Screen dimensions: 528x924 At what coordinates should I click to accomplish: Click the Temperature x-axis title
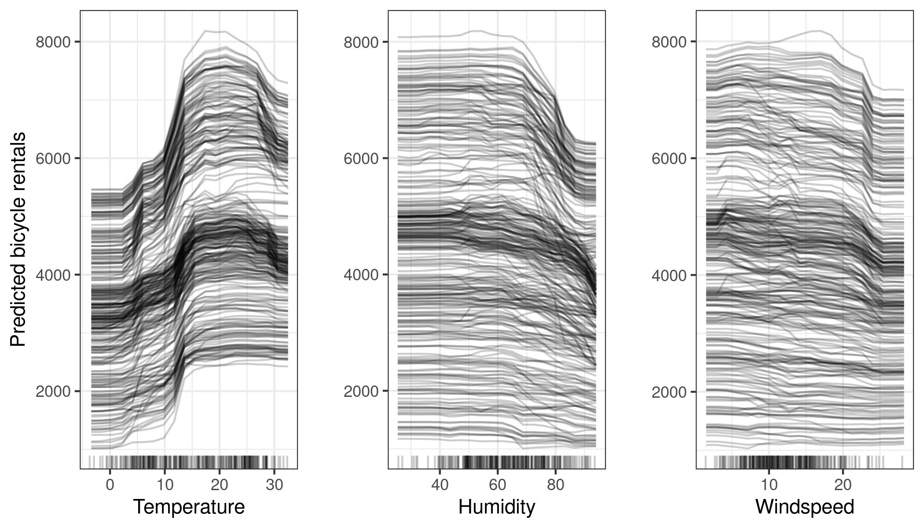point(189,507)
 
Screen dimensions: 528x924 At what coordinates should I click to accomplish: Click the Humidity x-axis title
point(497,507)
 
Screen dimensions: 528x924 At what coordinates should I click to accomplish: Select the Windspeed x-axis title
point(805,507)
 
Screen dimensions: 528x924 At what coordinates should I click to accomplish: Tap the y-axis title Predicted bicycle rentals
point(18,239)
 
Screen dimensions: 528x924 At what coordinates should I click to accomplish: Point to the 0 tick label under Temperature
point(110,484)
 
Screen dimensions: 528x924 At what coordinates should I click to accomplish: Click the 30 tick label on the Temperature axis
point(274,484)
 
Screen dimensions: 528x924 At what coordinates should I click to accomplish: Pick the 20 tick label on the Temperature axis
point(219,484)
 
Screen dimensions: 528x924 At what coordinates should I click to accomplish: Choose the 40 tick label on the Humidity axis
point(440,484)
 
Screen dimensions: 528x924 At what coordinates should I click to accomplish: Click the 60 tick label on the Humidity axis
point(497,484)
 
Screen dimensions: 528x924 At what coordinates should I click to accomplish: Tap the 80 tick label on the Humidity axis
point(555,484)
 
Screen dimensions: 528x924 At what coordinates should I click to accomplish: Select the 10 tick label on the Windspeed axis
point(769,484)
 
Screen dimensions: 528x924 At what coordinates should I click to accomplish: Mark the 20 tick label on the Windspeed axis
point(843,484)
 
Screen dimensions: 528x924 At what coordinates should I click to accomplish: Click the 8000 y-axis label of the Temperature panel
point(53,42)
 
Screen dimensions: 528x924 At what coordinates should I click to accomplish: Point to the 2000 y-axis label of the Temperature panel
point(53,392)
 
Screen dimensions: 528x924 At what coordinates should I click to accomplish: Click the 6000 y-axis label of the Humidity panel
point(361,158)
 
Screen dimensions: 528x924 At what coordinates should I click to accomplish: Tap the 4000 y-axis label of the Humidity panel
point(361,275)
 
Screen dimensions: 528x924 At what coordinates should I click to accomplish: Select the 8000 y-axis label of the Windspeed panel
point(669,42)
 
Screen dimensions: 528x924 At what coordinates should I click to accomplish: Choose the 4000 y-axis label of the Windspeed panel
point(669,275)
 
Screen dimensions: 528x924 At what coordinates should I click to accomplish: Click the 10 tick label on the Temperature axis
point(165,484)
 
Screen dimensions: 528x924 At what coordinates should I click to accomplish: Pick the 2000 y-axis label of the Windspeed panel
point(669,392)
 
